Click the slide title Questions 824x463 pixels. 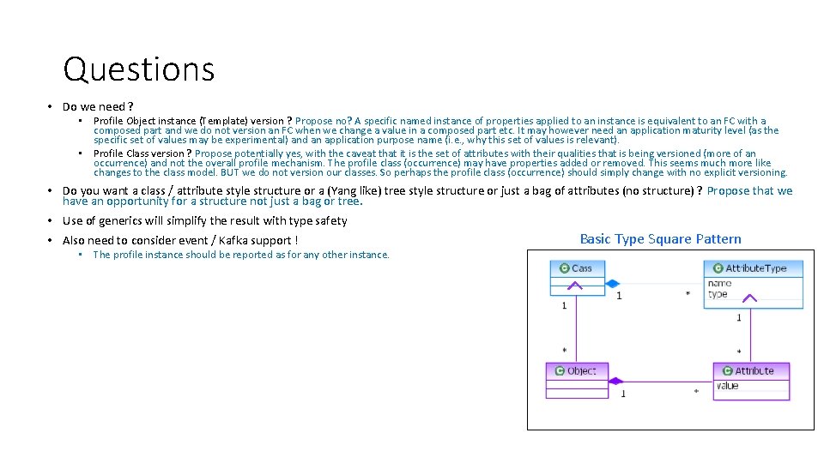pyautogui.click(x=138, y=69)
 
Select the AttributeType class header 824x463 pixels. pyautogui.click(x=754, y=268)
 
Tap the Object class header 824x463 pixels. pyautogui.click(x=576, y=370)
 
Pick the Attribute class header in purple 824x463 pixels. pyautogui.click(x=751, y=370)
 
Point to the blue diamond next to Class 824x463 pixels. pyautogui.click(x=612, y=283)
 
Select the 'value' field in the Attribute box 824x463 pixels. pyautogui.click(x=727, y=386)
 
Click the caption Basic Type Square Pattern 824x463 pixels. pyautogui.click(x=660, y=239)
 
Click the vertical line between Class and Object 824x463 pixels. pyautogui.click(x=575, y=330)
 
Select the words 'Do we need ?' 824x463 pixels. pyautogui.click(x=98, y=106)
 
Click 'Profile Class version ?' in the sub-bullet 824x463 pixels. pyautogui.click(x=142, y=153)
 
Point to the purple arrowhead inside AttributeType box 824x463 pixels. pyautogui.click(x=749, y=298)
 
